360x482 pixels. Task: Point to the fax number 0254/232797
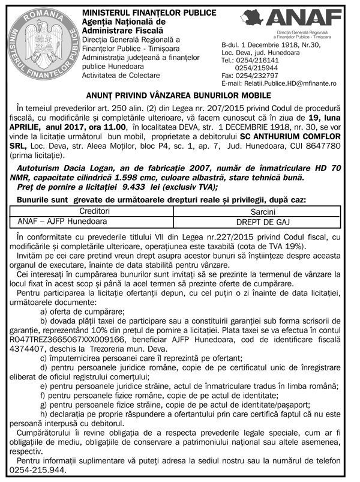click(258, 76)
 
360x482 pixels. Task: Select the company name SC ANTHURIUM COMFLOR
click(296, 137)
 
